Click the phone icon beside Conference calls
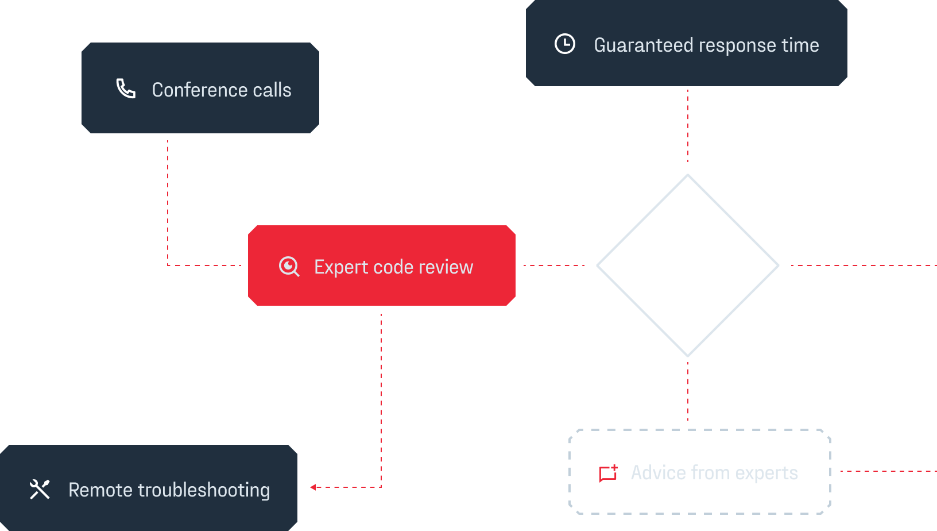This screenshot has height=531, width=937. point(126,88)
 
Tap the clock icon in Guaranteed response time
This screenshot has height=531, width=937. point(565,44)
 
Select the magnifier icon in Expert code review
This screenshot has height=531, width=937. point(289,267)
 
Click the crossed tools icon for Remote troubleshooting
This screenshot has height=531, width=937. point(40,489)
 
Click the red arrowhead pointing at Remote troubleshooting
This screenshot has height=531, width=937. point(313,487)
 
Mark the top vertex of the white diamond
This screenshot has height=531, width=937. point(688,175)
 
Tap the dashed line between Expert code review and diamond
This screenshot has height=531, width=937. point(553,265)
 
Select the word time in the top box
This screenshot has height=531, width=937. point(800,45)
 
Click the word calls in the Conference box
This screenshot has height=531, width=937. point(272,90)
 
